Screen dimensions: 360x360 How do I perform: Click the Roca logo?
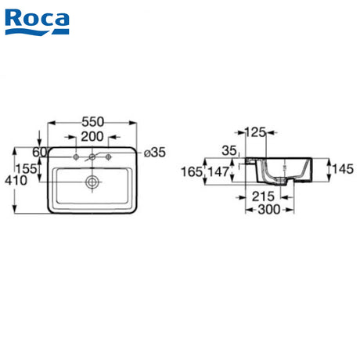click(37, 22)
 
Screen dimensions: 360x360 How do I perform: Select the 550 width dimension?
click(92, 122)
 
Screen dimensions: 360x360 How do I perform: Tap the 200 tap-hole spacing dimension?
click(92, 137)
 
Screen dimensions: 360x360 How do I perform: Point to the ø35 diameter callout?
click(155, 153)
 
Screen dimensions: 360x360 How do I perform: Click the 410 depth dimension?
click(16, 181)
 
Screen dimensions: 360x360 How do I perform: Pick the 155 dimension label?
click(26, 169)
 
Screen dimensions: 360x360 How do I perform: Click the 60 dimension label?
click(39, 152)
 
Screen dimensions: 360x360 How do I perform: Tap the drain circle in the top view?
click(92, 182)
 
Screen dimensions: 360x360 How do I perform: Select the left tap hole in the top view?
click(76, 157)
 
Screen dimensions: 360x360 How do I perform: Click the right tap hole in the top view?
click(109, 157)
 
